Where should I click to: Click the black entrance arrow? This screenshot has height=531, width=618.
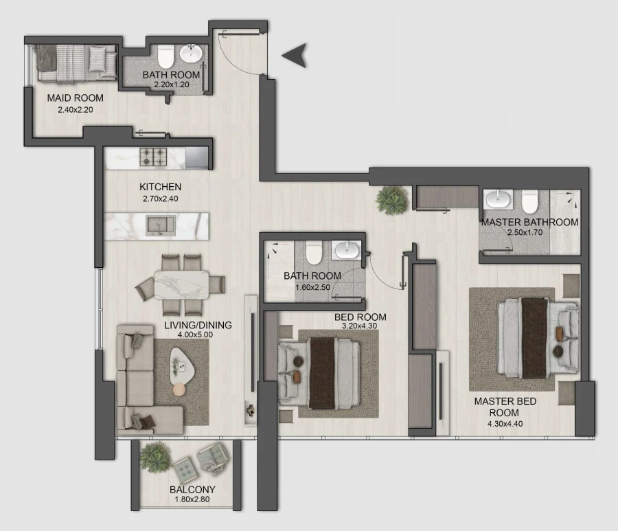[294, 56]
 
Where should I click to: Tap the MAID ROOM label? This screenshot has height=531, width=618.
[75, 98]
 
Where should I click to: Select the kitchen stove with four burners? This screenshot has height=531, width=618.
[153, 157]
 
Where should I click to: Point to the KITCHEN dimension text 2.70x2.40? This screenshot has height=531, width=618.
[160, 199]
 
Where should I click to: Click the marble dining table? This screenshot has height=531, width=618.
[181, 284]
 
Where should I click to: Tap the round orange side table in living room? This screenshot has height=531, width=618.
[179, 389]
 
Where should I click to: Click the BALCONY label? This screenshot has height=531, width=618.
[192, 490]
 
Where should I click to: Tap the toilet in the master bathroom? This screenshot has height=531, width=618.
[529, 201]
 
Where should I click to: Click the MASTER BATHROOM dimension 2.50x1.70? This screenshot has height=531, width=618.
[529, 233]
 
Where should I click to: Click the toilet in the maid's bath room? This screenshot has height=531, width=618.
[165, 56]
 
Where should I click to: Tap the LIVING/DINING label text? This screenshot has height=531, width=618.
[198, 325]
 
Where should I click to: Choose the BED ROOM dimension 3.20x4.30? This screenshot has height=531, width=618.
[360, 326]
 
